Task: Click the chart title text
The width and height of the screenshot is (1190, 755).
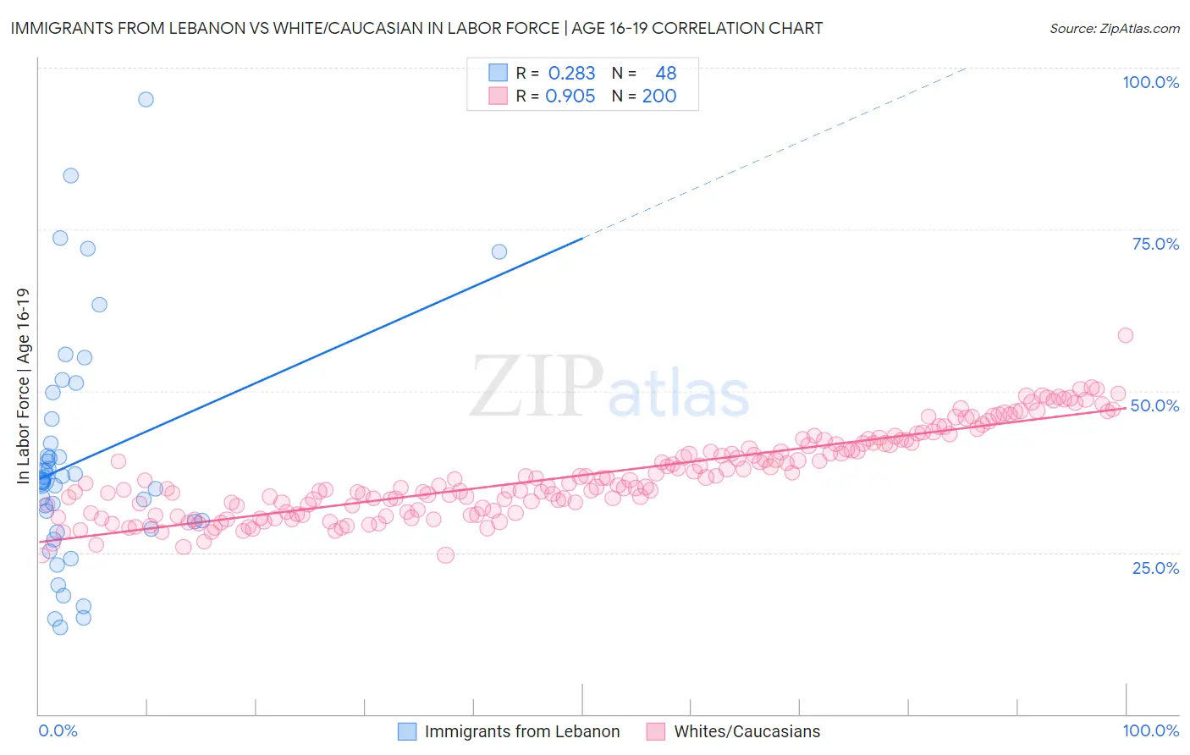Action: click(x=416, y=28)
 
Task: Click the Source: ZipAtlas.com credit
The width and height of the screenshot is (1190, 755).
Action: click(x=1114, y=28)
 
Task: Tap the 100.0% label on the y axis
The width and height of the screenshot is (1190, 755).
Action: click(x=1150, y=82)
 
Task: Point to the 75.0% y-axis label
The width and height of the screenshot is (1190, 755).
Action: click(x=1155, y=244)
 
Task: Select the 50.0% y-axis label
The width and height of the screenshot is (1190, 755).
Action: click(x=1154, y=405)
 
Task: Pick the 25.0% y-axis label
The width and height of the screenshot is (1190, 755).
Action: click(x=1155, y=568)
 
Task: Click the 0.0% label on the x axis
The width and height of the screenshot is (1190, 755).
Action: click(x=58, y=730)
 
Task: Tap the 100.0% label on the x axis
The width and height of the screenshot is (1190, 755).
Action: click(x=1150, y=730)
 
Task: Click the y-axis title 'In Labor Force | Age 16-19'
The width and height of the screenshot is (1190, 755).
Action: click(x=23, y=386)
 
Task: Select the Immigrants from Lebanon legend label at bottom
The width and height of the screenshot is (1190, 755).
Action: click(x=521, y=731)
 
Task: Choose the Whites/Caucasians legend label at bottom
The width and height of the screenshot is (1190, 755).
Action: click(x=747, y=731)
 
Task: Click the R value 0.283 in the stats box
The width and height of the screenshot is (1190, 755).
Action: click(x=571, y=74)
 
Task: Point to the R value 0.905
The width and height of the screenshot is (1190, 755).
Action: click(x=570, y=96)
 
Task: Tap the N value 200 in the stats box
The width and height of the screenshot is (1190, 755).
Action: click(x=658, y=96)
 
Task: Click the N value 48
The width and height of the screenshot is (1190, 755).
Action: click(x=665, y=74)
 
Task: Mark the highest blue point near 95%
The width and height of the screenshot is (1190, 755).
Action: click(x=146, y=99)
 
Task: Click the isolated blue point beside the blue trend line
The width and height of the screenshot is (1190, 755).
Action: click(x=499, y=251)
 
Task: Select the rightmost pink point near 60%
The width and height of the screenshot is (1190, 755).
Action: click(x=1125, y=335)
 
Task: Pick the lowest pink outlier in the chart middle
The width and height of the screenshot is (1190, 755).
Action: click(x=445, y=555)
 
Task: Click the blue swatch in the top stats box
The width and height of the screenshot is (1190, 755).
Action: click(x=498, y=74)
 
